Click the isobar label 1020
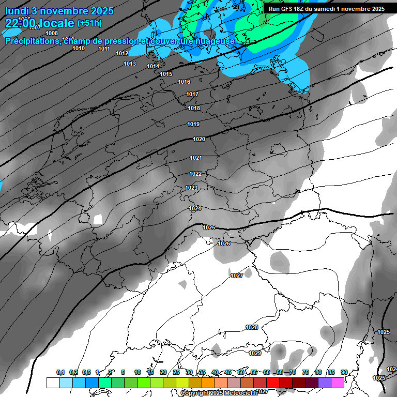point(199,140)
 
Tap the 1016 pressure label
point(184,82)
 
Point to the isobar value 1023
point(191,188)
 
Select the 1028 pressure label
point(252,328)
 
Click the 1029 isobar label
point(255,353)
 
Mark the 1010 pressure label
point(79,49)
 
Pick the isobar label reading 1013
point(130,64)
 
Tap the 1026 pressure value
point(224,243)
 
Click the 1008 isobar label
point(52,34)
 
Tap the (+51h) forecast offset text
point(89,23)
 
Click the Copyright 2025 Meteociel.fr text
point(219,393)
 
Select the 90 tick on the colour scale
point(344,373)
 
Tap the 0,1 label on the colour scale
point(60,373)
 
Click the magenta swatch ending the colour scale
point(338,383)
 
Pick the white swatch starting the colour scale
point(53,383)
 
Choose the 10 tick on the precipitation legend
point(138,373)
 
